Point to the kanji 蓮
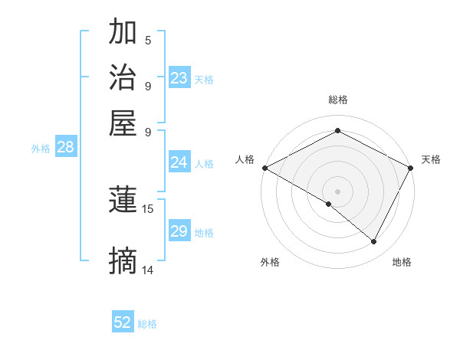tap(123, 201)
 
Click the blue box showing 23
tap(179, 78)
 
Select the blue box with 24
tap(179, 162)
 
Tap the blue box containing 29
tap(179, 231)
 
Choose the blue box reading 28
tap(65, 148)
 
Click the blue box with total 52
tap(123, 322)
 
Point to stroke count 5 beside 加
tap(148, 41)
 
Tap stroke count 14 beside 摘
tap(148, 270)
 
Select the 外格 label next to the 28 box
tap(41, 149)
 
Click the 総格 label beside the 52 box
tap(147, 324)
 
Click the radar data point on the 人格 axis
tap(264, 167)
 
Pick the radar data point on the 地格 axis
tap(374, 241)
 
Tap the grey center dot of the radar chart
tap(338, 191)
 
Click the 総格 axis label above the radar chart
tap(338, 100)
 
